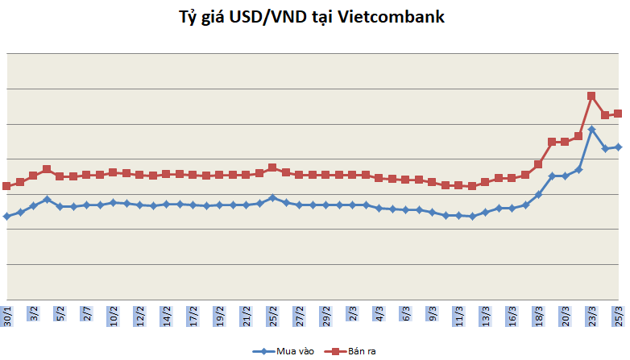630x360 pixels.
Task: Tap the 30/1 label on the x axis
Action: (x=7, y=313)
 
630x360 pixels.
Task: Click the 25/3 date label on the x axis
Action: (x=620, y=313)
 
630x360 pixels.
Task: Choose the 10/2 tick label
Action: (x=114, y=313)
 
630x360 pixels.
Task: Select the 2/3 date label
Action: (x=353, y=313)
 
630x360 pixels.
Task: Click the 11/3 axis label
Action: (x=459, y=313)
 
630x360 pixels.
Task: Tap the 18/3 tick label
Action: (x=539, y=313)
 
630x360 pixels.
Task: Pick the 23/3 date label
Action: (x=592, y=313)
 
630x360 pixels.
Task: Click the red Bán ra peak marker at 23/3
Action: (x=591, y=96)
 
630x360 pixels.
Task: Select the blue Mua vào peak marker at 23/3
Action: (x=592, y=129)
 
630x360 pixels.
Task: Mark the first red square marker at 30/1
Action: (x=6, y=186)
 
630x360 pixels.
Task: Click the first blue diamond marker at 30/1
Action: (x=6, y=216)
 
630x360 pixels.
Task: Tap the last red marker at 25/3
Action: (x=619, y=114)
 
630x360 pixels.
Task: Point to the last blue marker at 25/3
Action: (x=619, y=147)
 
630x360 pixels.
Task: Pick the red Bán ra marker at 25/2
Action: (x=272, y=168)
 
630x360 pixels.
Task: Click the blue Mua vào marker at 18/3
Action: (x=539, y=194)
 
